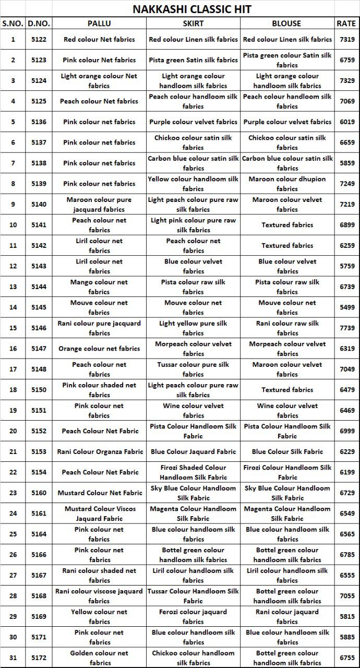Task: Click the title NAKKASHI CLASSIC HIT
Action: [x=191, y=9]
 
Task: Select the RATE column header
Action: [x=346, y=23]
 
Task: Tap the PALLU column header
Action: [x=99, y=23]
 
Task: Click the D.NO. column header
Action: [x=39, y=23]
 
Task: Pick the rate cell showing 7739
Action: [x=346, y=328]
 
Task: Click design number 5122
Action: [x=39, y=39]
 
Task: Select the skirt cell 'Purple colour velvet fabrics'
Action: [x=193, y=122]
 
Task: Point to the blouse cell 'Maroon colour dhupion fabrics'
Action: [x=287, y=184]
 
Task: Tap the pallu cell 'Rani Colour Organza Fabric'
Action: [x=99, y=451]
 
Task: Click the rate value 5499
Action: [x=346, y=307]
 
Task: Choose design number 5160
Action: [x=39, y=493]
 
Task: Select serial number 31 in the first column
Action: [x=13, y=658]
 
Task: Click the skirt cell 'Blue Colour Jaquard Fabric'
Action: [x=193, y=451]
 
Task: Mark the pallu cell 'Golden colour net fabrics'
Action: [x=99, y=658]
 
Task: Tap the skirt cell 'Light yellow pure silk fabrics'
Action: [x=193, y=328]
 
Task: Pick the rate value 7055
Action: [x=346, y=595]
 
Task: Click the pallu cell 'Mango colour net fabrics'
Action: [x=99, y=287]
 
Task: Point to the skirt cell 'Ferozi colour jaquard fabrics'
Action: [x=193, y=616]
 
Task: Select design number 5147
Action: [x=39, y=349]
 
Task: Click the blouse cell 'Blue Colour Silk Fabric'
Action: [x=287, y=451]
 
